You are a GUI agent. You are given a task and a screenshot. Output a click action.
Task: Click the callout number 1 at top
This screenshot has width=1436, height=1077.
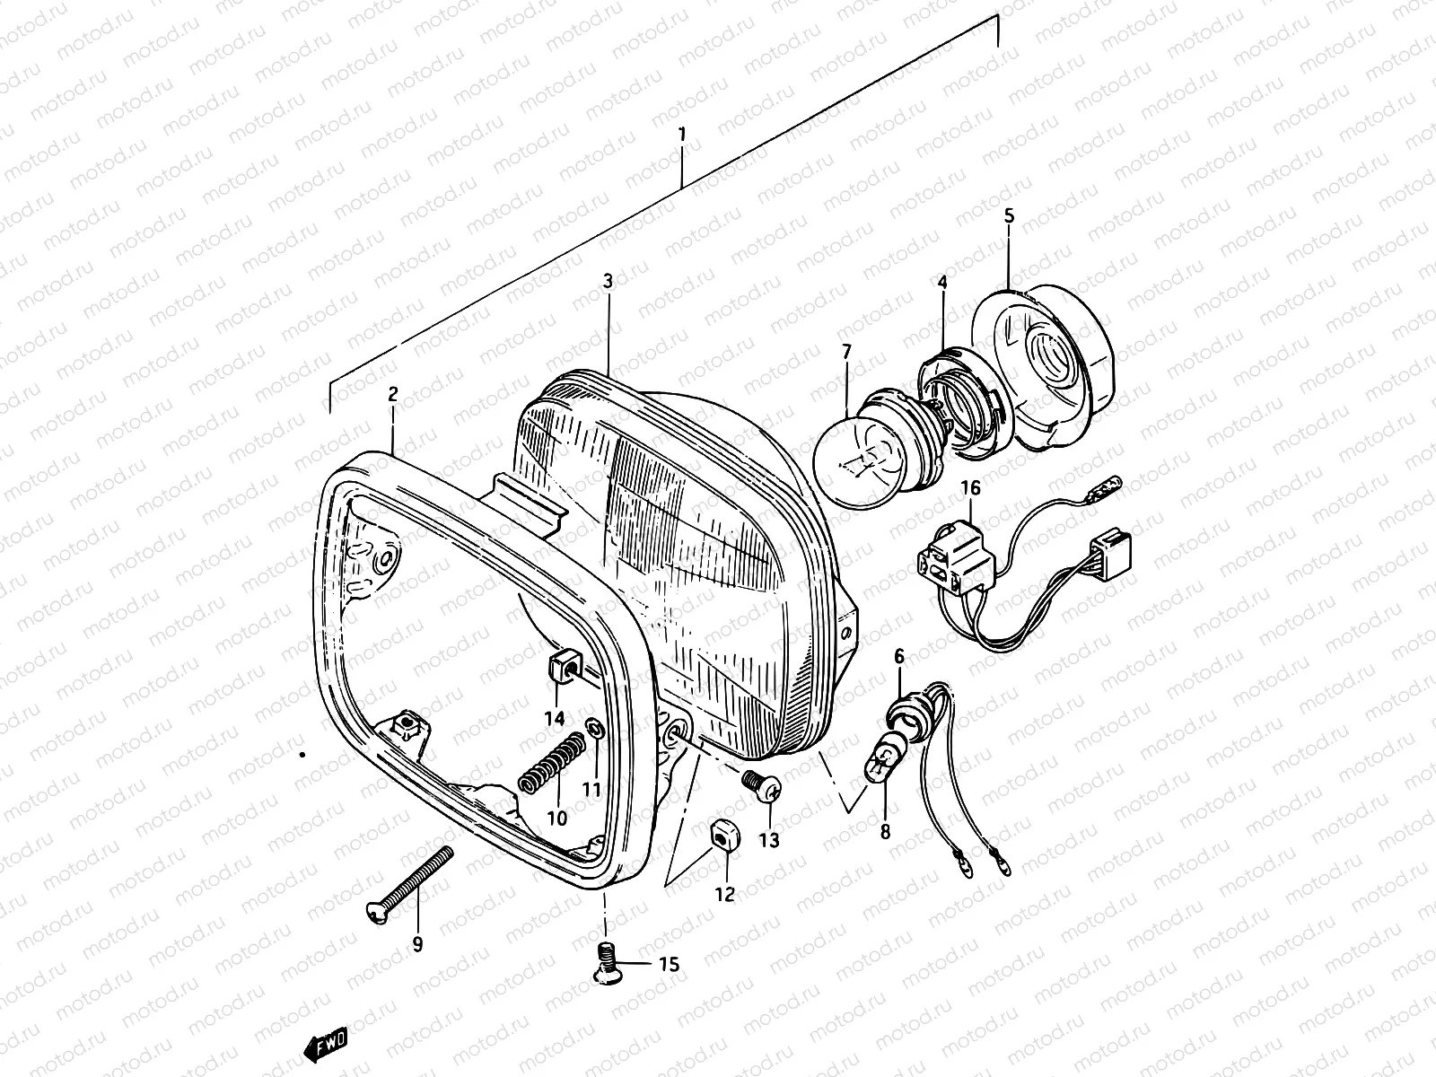682,135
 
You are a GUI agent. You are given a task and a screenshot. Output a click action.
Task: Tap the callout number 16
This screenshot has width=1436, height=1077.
971,487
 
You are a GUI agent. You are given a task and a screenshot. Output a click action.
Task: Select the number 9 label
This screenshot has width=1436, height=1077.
417,943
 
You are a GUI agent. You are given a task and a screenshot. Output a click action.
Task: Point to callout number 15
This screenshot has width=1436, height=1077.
670,965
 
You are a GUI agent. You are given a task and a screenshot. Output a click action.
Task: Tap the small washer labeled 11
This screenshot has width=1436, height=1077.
592,726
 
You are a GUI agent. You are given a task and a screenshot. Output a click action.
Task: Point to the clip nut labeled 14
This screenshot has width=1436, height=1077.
559,668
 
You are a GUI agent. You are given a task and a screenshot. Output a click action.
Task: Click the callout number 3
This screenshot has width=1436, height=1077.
608,281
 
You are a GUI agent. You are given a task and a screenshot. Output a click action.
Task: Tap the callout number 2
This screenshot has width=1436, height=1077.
392,394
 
